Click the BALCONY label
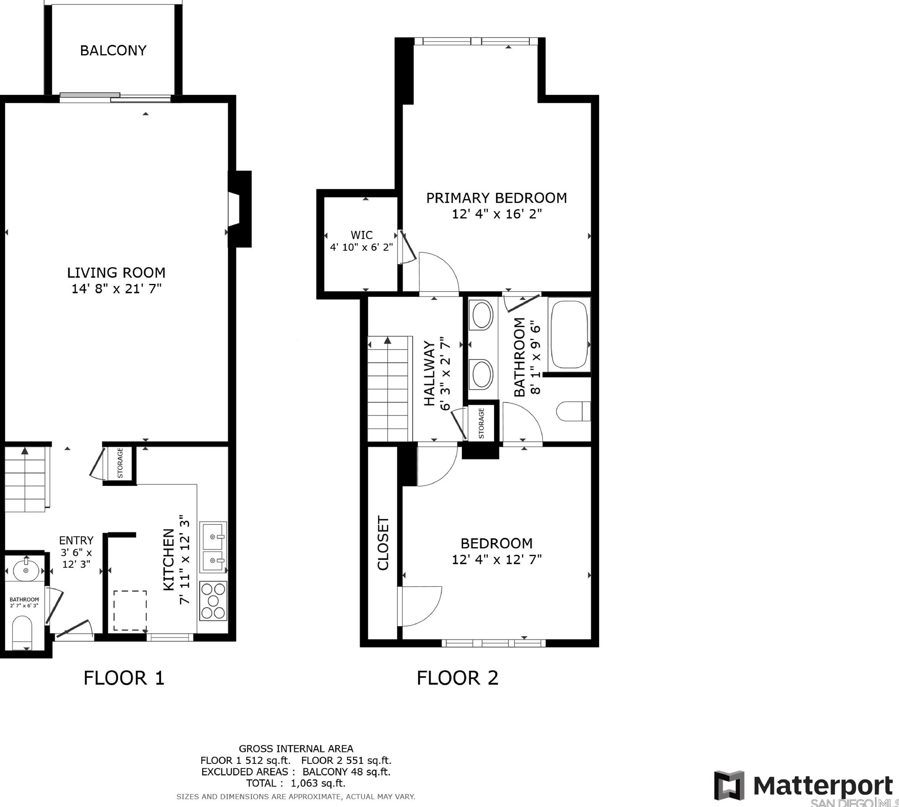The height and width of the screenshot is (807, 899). pyautogui.click(x=113, y=51)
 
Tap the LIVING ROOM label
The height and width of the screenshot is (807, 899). pyautogui.click(x=116, y=272)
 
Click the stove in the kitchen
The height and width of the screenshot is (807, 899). pyautogui.click(x=213, y=601)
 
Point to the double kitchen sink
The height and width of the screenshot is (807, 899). pyautogui.click(x=213, y=547)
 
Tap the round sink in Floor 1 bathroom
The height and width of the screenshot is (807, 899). pyautogui.click(x=26, y=570)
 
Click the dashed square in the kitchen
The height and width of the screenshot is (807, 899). pyautogui.click(x=130, y=611)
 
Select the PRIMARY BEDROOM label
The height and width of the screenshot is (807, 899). pyautogui.click(x=496, y=198)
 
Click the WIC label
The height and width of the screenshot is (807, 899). pyautogui.click(x=362, y=235)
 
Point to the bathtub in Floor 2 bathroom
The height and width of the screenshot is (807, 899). pyautogui.click(x=569, y=335)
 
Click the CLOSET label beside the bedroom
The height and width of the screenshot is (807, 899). pyautogui.click(x=383, y=543)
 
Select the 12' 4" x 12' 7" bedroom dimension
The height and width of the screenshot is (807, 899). pyautogui.click(x=497, y=560)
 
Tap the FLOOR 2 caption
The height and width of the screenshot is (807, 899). pyautogui.click(x=457, y=678)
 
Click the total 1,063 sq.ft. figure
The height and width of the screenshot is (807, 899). pyautogui.click(x=318, y=783)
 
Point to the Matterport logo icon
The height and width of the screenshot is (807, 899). pyautogui.click(x=729, y=786)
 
